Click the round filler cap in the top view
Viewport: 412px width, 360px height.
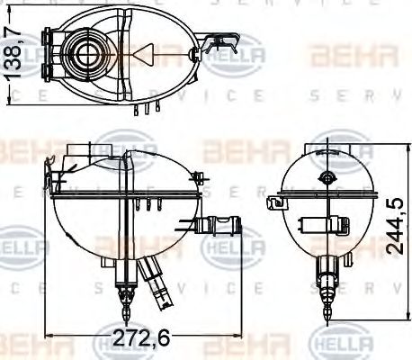[x=88, y=53]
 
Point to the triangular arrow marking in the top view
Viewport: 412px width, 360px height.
[x=142, y=54]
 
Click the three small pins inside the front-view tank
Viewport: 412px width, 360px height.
[x=146, y=204]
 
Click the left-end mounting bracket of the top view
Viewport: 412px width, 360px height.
[x=49, y=49]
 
